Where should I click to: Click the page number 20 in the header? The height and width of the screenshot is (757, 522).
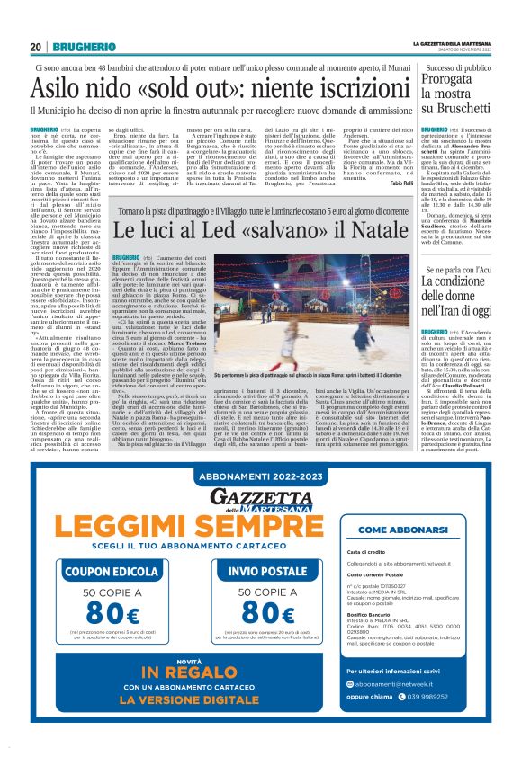point(36,47)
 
